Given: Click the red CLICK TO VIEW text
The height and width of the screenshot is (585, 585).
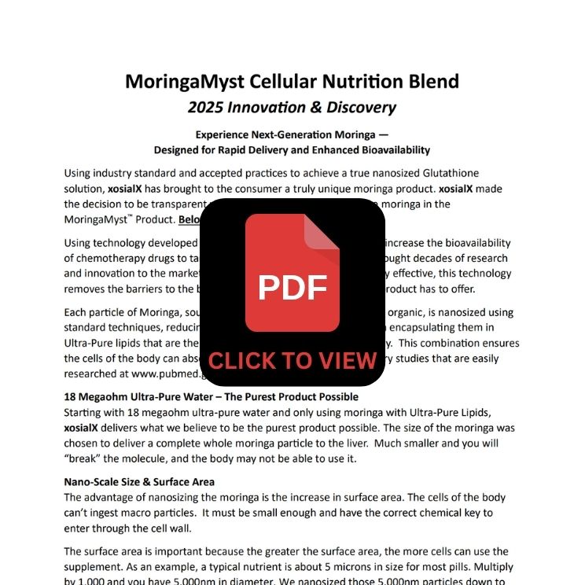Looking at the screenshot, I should [x=292, y=361].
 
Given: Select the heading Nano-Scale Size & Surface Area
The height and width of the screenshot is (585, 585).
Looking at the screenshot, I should [x=139, y=481].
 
